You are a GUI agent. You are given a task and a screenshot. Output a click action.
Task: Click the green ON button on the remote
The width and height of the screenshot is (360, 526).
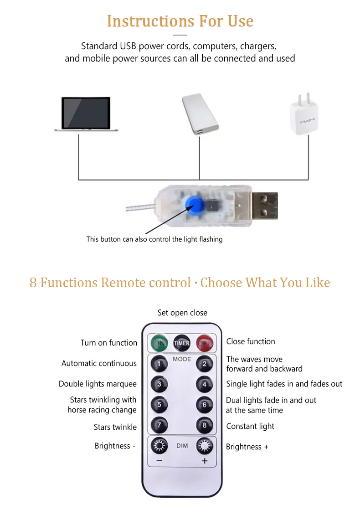click(x=159, y=343)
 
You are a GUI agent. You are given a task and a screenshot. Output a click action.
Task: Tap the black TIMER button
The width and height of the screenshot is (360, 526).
click(x=182, y=343)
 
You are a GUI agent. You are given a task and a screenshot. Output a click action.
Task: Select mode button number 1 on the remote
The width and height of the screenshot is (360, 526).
click(x=159, y=364)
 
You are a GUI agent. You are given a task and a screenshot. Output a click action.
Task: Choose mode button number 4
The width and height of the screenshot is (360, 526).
click(x=205, y=384)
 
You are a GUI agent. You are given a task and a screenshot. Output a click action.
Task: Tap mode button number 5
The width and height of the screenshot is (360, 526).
click(x=159, y=405)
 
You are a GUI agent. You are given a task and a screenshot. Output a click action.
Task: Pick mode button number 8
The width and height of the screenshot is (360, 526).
click(x=205, y=426)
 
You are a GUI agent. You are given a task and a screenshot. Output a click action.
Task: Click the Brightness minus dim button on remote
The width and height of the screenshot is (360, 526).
click(x=159, y=446)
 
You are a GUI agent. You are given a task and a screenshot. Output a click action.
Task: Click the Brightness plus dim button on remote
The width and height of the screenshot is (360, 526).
click(x=205, y=446)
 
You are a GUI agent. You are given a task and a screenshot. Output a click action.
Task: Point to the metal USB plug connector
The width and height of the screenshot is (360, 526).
click(x=262, y=205)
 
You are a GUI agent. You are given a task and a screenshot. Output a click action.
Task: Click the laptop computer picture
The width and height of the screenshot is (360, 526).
click(x=86, y=114)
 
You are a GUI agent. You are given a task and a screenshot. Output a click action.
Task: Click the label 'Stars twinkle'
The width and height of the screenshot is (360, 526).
click(x=115, y=427)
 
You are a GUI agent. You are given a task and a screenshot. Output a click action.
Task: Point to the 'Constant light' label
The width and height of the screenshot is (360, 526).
click(x=250, y=426)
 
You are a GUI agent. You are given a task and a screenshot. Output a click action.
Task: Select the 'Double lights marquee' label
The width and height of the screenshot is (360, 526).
click(x=98, y=384)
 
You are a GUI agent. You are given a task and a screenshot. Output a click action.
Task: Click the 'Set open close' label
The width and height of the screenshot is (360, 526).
click(x=182, y=313)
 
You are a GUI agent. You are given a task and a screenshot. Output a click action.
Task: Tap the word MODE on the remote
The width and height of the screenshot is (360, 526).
click(x=182, y=359)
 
